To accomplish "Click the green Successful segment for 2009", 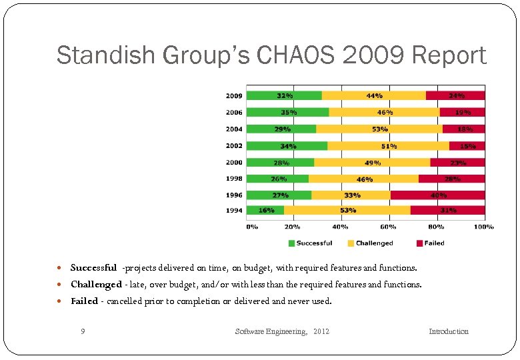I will [x=284, y=95].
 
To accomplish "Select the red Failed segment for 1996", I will [x=437, y=195].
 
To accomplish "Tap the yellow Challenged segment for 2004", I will [x=379, y=129].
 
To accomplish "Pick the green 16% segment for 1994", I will [x=265, y=211].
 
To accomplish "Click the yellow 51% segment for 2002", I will [x=388, y=145].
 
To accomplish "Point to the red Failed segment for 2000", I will [x=457, y=162].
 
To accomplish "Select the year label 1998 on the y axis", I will [x=233, y=179].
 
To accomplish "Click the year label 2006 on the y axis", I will [x=233, y=112].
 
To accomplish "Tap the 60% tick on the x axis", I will [x=389, y=227].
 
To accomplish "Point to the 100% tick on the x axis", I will [x=483, y=227].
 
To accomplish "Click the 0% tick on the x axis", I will [x=252, y=227].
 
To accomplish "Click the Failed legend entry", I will [x=430, y=243].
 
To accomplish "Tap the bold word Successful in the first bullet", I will [x=93, y=268].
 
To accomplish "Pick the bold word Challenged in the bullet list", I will [x=96, y=285].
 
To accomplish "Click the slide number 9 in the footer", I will [x=82, y=331].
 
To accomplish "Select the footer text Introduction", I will [x=448, y=331].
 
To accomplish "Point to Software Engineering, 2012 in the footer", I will [x=282, y=331].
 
